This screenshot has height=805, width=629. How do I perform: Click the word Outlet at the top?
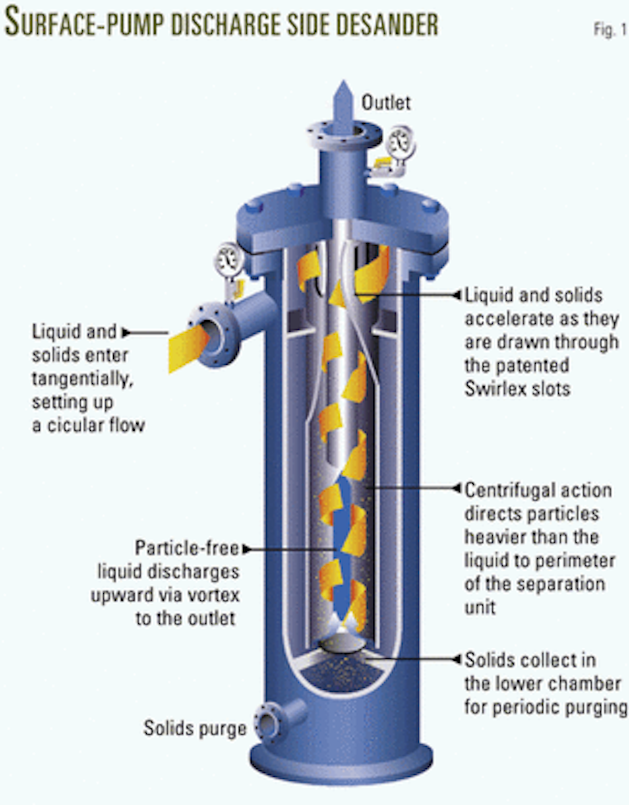point(386,102)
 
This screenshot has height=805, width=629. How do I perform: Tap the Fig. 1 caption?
point(610,30)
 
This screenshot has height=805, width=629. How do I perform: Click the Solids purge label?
point(194,728)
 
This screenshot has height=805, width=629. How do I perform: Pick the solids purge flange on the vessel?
point(267,723)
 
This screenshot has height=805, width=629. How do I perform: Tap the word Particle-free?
point(187,548)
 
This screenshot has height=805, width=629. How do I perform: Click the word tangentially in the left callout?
point(82,378)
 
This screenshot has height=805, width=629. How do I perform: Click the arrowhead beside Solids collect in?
point(457,659)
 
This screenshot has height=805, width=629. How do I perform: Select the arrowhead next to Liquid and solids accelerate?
point(457,295)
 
